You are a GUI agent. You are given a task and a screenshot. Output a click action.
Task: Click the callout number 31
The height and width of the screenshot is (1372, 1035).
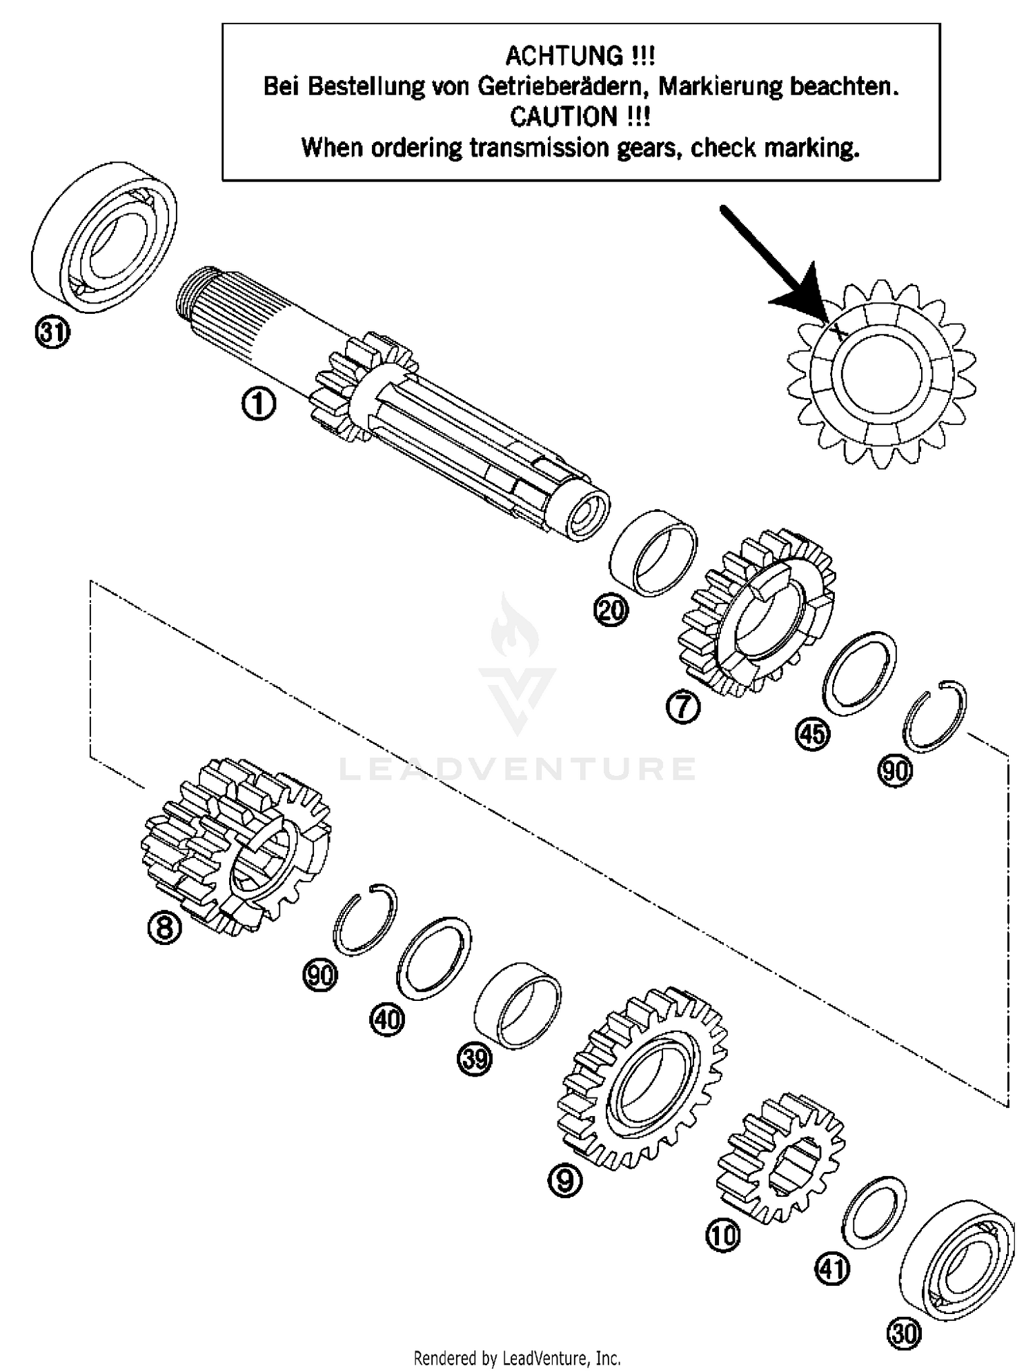point(52,334)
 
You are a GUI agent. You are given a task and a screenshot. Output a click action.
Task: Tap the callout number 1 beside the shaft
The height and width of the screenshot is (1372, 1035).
point(258,404)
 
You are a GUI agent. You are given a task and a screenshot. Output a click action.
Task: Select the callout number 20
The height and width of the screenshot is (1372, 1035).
point(611,611)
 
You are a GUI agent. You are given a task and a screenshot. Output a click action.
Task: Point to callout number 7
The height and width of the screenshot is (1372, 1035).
point(683,707)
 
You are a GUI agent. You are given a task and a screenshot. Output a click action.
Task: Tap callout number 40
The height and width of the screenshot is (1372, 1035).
point(387,1019)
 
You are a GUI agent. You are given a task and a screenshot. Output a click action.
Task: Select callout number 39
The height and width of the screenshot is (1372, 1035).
point(475,1058)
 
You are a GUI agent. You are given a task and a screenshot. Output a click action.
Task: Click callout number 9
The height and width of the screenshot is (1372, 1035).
point(565,1182)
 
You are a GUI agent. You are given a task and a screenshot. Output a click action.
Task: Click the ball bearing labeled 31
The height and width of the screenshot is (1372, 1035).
point(103,238)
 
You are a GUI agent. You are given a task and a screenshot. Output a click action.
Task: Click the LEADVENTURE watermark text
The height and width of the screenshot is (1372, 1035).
point(517,768)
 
